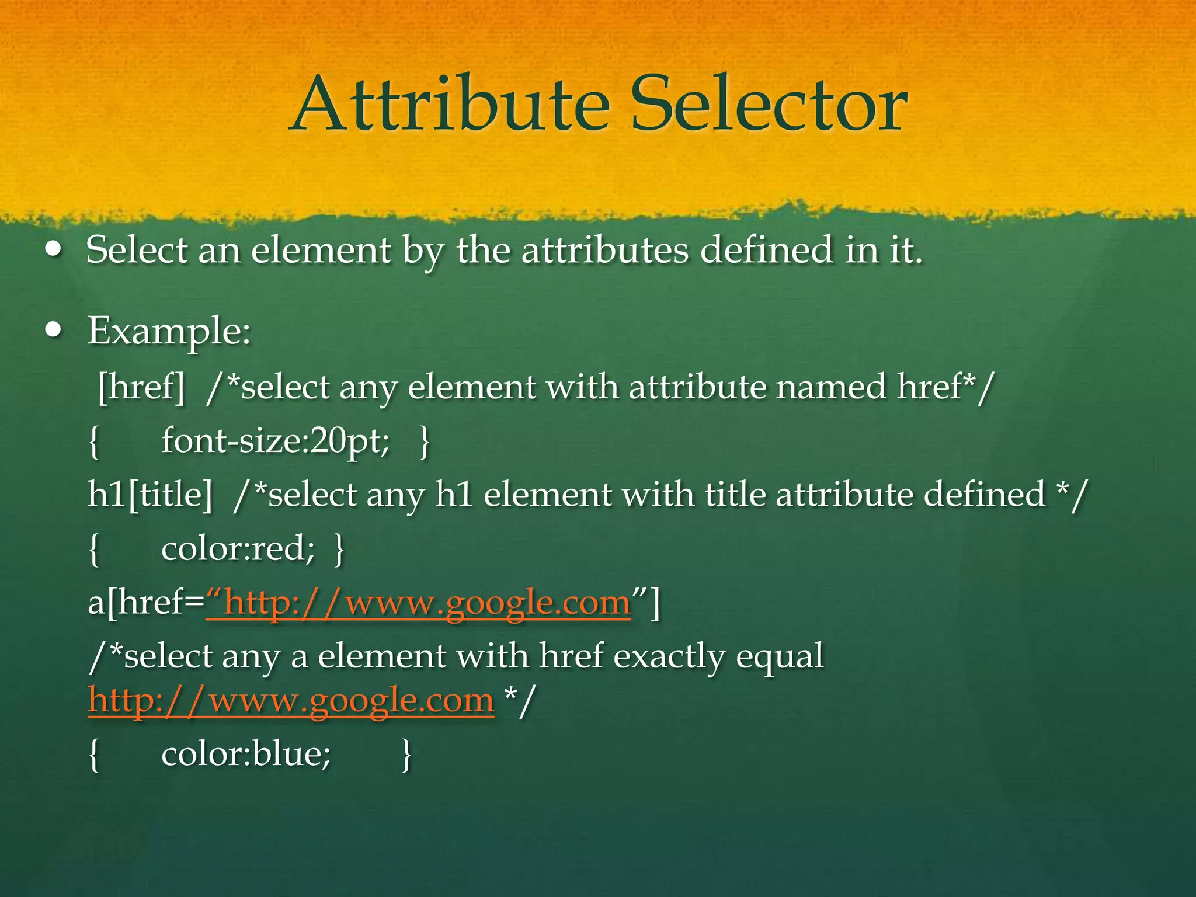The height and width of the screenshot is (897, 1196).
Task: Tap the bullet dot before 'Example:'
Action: tap(54, 331)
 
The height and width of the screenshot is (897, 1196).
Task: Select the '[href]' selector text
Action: tap(141, 387)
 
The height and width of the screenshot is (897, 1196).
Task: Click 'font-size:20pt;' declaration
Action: tap(275, 441)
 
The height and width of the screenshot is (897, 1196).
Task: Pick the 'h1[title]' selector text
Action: tap(150, 495)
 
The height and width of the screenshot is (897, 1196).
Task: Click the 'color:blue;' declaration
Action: tap(246, 754)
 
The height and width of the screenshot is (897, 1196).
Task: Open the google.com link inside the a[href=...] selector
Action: tap(418, 603)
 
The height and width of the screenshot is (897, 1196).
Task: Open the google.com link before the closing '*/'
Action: tap(291, 700)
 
